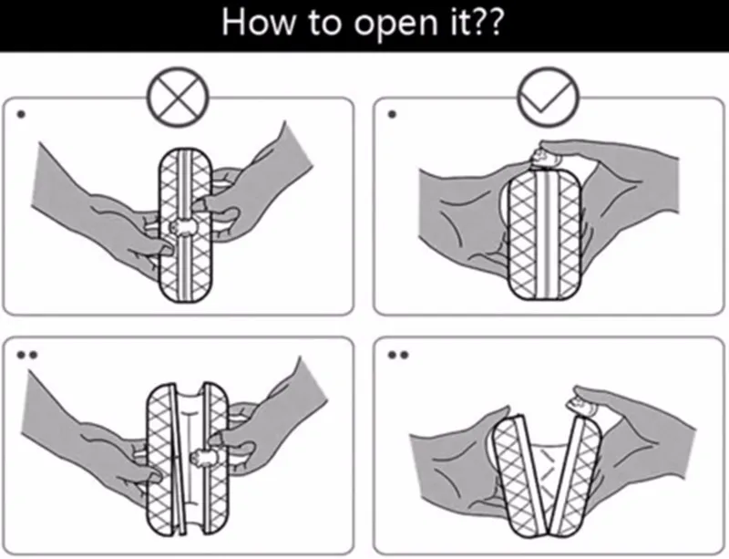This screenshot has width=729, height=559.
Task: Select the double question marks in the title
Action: [488, 25]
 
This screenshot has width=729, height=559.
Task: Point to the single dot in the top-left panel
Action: [20, 116]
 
